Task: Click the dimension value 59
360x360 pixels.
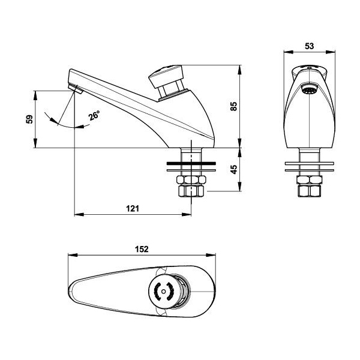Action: pyautogui.click(x=29, y=119)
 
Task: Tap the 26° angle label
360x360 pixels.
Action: pyautogui.click(x=94, y=115)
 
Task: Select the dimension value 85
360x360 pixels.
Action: pyautogui.click(x=233, y=106)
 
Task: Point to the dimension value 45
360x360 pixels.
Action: pyautogui.click(x=233, y=169)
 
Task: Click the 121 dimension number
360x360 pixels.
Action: pyautogui.click(x=133, y=208)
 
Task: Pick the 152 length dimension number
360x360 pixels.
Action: pyautogui.click(x=142, y=249)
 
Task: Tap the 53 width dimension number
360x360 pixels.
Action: pyautogui.click(x=309, y=46)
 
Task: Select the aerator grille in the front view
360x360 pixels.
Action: pyautogui.click(x=309, y=89)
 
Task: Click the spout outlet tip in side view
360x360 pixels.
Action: pyautogui.click(x=76, y=89)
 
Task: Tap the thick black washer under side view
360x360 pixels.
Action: pyautogui.click(x=191, y=163)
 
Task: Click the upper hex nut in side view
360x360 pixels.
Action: pyautogui.click(x=191, y=180)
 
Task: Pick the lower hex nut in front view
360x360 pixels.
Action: pyautogui.click(x=309, y=191)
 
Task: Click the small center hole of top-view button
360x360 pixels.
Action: pyautogui.click(x=163, y=292)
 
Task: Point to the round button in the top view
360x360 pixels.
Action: pyautogui.click(x=163, y=292)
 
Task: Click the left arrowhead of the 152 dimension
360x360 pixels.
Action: pyautogui.click(x=73, y=255)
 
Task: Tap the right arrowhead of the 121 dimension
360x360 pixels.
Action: pyautogui.click(x=187, y=214)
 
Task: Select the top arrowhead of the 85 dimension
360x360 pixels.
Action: pyautogui.click(x=240, y=70)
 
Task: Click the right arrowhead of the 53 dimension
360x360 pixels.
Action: pyautogui.click(x=331, y=52)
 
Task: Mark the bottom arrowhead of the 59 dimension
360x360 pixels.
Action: pyautogui.click(x=35, y=143)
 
